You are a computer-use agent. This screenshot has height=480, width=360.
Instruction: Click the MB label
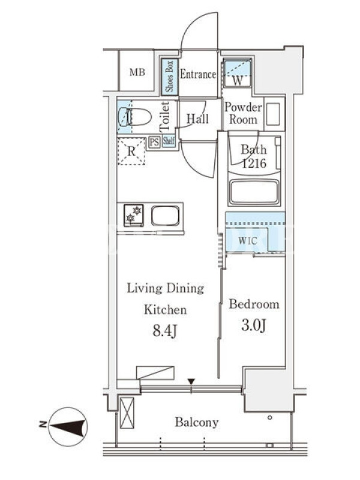(137, 73)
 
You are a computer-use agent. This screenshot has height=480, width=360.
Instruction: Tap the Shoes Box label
(170, 76)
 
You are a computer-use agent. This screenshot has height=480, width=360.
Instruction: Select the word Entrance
(198, 74)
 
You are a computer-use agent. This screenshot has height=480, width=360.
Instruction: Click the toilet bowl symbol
(135, 116)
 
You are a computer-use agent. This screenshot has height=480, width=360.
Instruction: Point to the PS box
(155, 142)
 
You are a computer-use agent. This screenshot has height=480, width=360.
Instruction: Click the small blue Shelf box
(169, 141)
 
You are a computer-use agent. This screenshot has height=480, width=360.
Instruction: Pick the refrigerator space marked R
(131, 151)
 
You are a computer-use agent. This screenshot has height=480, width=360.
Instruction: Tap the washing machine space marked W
(237, 73)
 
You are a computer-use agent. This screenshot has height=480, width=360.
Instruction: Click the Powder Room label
(244, 113)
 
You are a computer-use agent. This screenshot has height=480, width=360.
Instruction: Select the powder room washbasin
(273, 114)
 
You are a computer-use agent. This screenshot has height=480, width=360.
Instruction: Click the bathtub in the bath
(254, 191)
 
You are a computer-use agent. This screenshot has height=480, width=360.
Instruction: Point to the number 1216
(254, 164)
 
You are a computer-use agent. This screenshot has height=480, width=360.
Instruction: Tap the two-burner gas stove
(134, 215)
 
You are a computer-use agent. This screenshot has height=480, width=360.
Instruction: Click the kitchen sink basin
(166, 215)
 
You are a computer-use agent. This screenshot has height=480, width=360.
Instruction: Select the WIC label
(247, 241)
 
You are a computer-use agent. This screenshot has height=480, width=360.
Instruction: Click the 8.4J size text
(165, 331)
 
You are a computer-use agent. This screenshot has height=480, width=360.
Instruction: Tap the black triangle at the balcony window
(191, 382)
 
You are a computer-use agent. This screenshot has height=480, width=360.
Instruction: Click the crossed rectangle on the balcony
(127, 413)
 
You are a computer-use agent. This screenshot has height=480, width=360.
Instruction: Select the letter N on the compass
(43, 424)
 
